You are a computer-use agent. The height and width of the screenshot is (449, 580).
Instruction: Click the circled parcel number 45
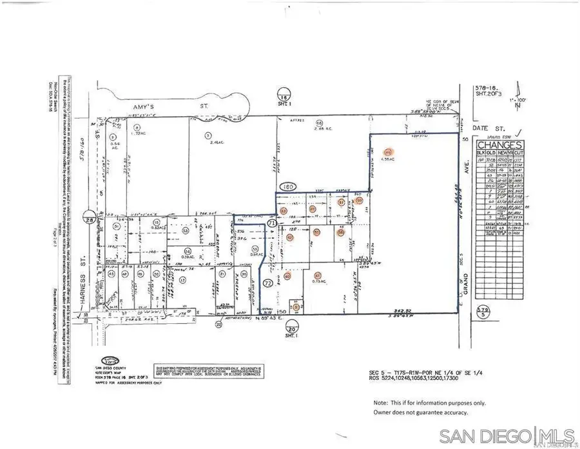111,274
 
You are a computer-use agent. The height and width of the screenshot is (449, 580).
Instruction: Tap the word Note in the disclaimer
380,402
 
